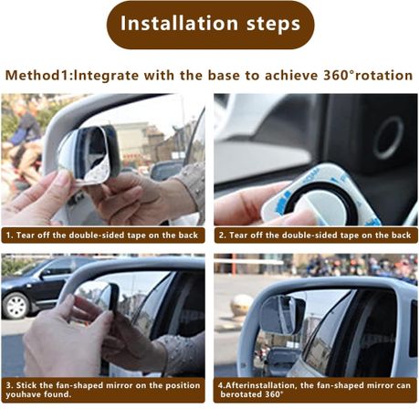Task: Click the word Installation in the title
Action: [x=179, y=23]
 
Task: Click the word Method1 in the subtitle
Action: [x=37, y=76]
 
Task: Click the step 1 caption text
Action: [x=102, y=236]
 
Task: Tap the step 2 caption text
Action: [x=315, y=236]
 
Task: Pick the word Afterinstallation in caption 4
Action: [x=260, y=385]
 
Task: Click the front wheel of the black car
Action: [x=15, y=306]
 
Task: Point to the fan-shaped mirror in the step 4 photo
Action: [x=283, y=314]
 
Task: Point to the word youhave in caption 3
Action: [x=21, y=394]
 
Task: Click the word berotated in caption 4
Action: [x=241, y=394]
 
